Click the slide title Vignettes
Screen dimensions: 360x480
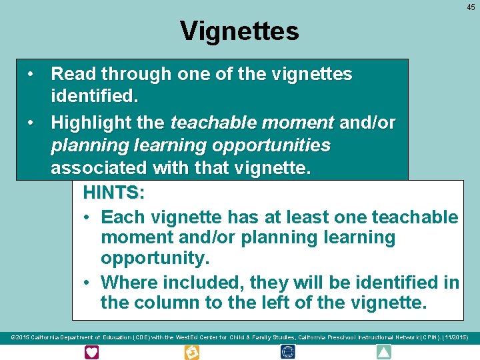coord(239,31)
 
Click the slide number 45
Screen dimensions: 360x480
coord(471,7)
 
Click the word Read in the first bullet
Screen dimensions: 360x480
coord(71,73)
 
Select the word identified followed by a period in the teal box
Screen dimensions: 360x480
coord(94,97)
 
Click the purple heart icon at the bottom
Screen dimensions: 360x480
coord(91,352)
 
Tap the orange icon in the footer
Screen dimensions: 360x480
coord(191,352)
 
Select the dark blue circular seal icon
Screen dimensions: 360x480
coord(288,352)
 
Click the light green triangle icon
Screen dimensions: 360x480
coord(384,352)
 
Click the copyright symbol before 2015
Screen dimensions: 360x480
coord(14,338)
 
